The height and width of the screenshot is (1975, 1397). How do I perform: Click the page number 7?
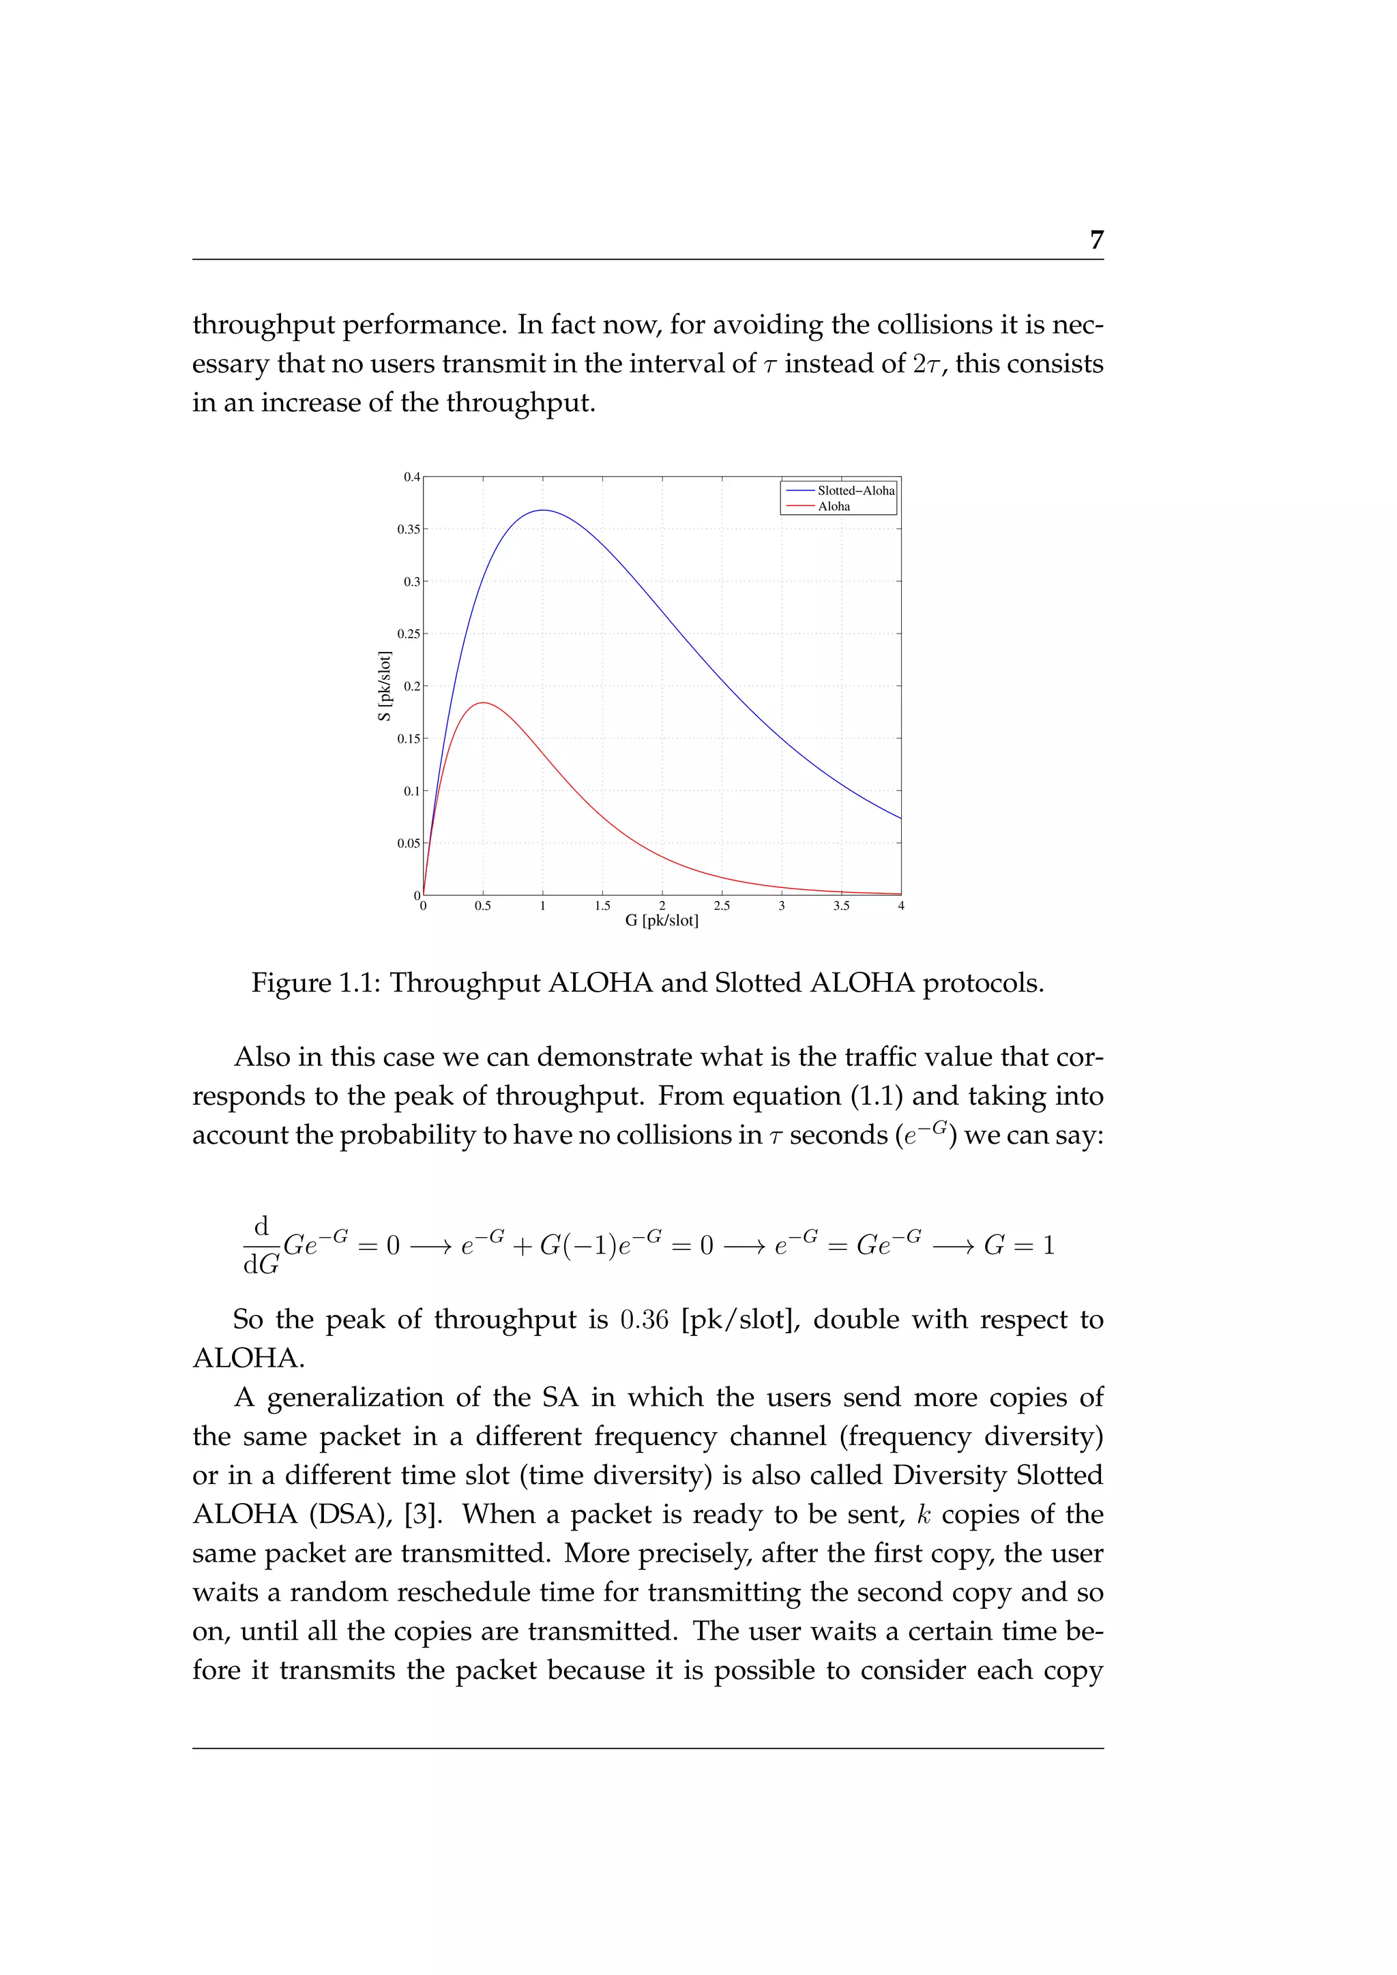[1096, 240]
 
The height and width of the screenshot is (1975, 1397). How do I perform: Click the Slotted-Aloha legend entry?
[855, 490]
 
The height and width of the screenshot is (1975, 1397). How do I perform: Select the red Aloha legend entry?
[834, 507]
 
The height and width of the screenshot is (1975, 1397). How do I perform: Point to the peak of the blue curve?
[543, 510]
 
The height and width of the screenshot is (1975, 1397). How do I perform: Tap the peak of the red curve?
[484, 703]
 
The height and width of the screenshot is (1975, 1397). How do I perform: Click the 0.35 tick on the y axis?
[409, 529]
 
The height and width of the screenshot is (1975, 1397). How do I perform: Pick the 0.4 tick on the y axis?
[412, 477]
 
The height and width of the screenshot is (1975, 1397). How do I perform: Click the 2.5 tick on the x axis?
[722, 906]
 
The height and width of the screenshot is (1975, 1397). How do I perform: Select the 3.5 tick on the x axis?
[841, 906]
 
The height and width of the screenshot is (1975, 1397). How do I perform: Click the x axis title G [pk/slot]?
[662, 921]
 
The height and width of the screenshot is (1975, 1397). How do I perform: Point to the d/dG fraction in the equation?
[261, 1245]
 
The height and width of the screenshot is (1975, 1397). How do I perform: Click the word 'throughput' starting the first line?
[263, 325]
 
